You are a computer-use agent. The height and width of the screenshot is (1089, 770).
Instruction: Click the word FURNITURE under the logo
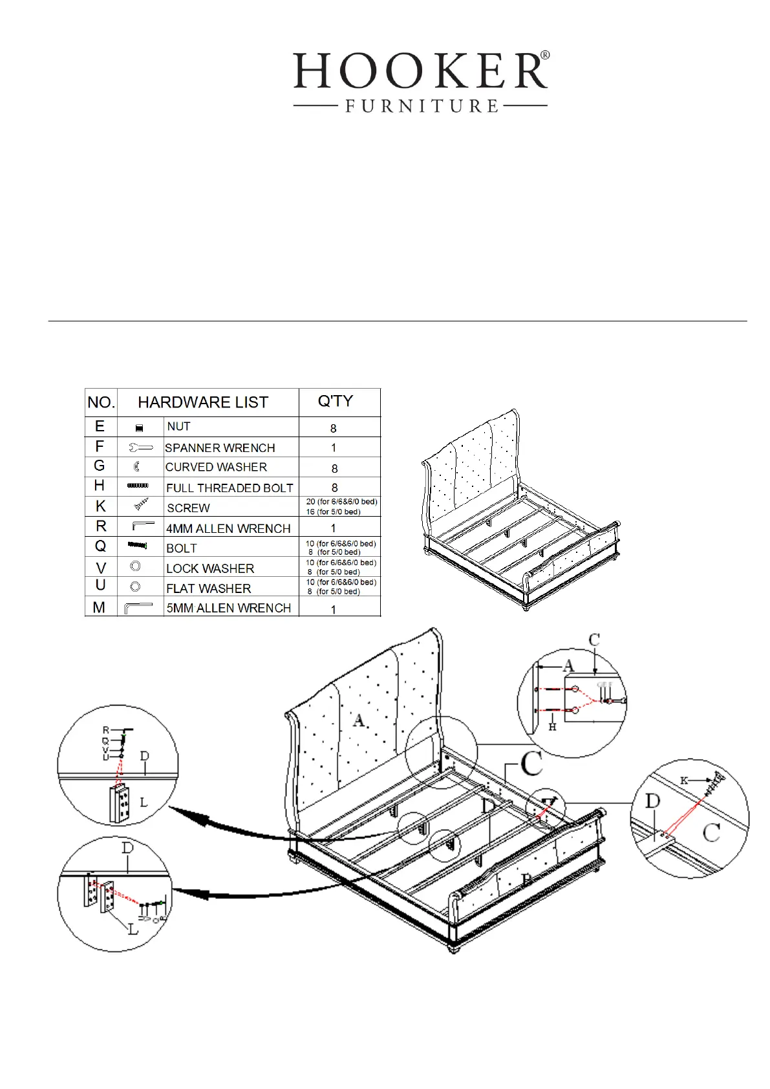tap(421, 106)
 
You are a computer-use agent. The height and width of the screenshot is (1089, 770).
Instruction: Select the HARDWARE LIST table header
tap(203, 402)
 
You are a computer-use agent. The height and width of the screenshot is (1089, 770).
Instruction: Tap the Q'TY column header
tap(335, 401)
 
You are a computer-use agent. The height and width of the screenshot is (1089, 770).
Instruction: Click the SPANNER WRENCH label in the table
tap(220, 447)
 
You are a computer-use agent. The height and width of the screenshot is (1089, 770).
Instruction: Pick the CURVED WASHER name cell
tap(216, 467)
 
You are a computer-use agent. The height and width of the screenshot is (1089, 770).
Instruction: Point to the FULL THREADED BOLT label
tap(230, 488)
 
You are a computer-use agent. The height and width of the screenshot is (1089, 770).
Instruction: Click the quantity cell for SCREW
tap(341, 506)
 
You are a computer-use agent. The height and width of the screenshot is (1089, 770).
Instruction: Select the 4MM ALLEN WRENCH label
tap(228, 528)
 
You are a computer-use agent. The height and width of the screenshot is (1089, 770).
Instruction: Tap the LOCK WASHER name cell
tap(210, 568)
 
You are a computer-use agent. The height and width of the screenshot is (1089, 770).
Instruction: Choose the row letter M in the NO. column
tap(99, 607)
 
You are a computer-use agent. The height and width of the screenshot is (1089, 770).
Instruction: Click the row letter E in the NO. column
tap(100, 426)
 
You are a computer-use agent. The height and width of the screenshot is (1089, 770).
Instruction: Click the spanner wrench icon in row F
tap(140, 447)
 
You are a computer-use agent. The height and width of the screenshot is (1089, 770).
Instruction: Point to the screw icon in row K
tap(141, 505)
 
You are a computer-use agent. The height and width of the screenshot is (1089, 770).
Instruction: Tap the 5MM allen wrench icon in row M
tap(138, 608)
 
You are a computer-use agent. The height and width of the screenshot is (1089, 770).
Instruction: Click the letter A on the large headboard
tap(359, 720)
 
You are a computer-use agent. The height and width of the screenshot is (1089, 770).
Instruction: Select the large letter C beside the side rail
tap(531, 764)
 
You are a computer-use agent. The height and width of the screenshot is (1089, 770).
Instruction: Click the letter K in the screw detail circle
tap(684, 781)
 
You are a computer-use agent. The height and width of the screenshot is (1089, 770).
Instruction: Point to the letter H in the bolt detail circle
tap(552, 727)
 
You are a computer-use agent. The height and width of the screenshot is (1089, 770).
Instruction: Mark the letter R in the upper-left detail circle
tap(106, 730)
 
